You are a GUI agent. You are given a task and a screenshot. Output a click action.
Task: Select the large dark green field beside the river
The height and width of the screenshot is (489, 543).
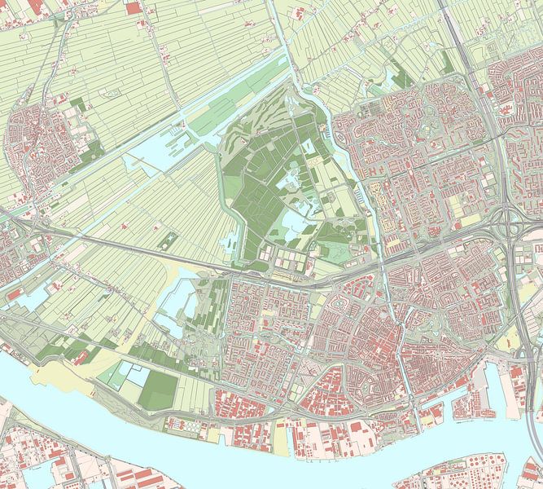156,390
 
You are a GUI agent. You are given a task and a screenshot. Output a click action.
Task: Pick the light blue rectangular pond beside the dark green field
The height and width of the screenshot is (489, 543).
138,376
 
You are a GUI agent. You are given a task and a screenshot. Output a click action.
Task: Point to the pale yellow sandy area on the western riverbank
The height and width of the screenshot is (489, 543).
61,376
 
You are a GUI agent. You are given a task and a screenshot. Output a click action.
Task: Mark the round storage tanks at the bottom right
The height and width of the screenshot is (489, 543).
476,473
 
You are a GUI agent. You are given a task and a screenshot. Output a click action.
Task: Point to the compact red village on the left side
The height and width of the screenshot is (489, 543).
37,143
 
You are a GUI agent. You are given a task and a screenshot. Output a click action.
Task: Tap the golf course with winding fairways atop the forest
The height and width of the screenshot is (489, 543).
269,122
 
